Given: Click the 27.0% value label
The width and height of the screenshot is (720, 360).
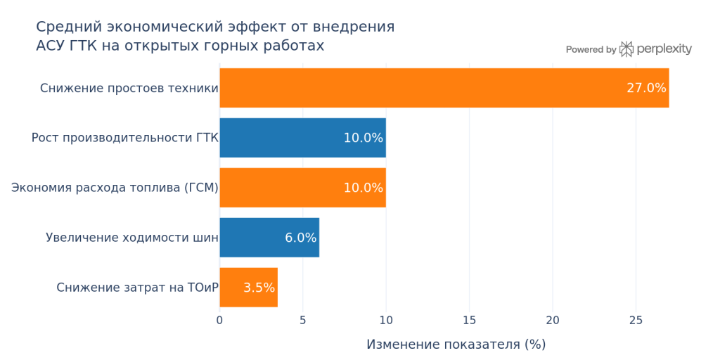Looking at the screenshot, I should (645, 88).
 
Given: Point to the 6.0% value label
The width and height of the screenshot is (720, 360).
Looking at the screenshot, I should (300, 238).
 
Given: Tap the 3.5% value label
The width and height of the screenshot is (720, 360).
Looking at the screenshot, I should (259, 288).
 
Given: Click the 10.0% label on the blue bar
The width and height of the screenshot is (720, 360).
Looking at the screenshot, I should (363, 138).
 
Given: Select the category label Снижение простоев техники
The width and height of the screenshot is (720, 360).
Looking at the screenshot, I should (129, 88).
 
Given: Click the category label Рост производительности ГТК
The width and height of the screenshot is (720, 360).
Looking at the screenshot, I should (124, 138).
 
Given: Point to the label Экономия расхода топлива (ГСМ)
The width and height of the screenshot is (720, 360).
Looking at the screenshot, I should (115, 188).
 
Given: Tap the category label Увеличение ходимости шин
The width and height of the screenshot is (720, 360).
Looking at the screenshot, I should (131, 238).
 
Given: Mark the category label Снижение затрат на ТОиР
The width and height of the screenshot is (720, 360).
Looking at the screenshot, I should (137, 288).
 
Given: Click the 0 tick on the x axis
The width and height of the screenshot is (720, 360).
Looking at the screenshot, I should (219, 321).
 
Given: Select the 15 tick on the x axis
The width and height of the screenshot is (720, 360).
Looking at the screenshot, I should (469, 321).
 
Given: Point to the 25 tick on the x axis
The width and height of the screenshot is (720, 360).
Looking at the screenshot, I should (636, 321).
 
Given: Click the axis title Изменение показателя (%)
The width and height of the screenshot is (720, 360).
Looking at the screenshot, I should (456, 345).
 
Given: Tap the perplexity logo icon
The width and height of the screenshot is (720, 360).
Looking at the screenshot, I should (626, 49).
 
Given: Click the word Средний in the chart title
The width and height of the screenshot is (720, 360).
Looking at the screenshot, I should (67, 27).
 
